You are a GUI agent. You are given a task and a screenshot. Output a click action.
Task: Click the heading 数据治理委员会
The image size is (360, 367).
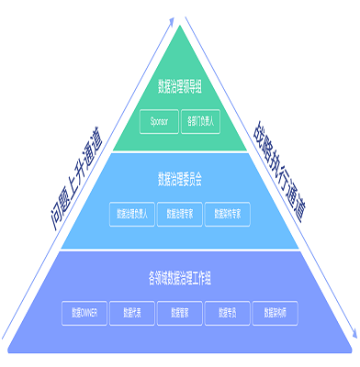(x=179, y=178)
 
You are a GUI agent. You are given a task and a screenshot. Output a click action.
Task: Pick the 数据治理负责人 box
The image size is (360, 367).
(x=130, y=213)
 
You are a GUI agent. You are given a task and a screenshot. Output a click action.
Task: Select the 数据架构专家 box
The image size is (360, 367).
(x=228, y=213)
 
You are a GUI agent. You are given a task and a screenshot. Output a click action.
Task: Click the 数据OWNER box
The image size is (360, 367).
(x=84, y=312)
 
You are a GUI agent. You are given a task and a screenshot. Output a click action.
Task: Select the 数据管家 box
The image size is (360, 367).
(x=179, y=312)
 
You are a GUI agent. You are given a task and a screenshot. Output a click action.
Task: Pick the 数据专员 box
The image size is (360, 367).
(x=227, y=312)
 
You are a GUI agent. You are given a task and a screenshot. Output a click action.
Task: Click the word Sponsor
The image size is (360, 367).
(x=159, y=120)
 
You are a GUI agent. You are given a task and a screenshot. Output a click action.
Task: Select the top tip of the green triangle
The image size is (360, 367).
(x=180, y=26)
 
